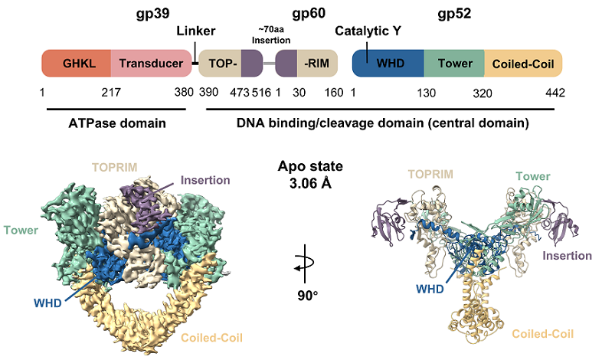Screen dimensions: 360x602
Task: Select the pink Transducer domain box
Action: pos(151,64)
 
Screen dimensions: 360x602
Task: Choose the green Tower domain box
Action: pos(454,64)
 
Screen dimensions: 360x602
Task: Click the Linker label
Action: pos(196,31)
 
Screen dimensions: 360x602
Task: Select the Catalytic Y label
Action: pos(368,31)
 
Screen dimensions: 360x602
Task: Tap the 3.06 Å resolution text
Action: pos(309,182)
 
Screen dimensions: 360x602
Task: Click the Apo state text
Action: pos(309,165)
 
